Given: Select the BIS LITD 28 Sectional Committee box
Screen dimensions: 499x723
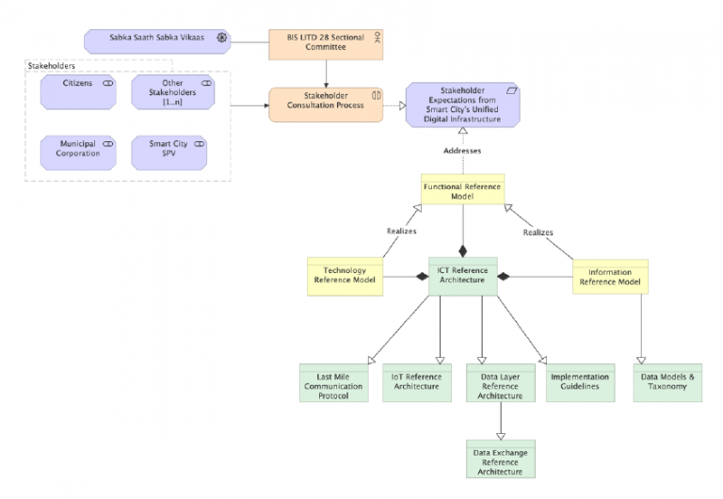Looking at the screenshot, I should click(326, 42).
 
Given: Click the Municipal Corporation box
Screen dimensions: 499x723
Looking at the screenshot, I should click(77, 150).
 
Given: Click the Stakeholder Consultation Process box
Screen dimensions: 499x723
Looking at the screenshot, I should click(326, 105).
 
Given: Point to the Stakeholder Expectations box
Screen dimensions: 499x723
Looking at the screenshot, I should click(462, 105).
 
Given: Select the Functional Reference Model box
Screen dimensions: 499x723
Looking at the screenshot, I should click(462, 192).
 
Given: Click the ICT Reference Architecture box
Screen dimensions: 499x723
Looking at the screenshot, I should click(462, 276).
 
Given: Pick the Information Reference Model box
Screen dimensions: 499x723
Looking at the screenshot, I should click(610, 276).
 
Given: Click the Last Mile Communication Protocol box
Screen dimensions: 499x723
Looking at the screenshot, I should click(333, 383).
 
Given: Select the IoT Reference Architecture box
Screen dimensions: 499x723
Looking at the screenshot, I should click(416, 383).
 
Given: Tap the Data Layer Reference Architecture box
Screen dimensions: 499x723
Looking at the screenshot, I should click(500, 383).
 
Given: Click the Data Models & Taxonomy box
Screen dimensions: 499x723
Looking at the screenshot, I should click(667, 383).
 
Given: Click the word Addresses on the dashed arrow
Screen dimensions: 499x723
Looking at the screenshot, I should click(462, 150).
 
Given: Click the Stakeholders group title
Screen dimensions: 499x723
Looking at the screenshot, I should click(53, 66).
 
